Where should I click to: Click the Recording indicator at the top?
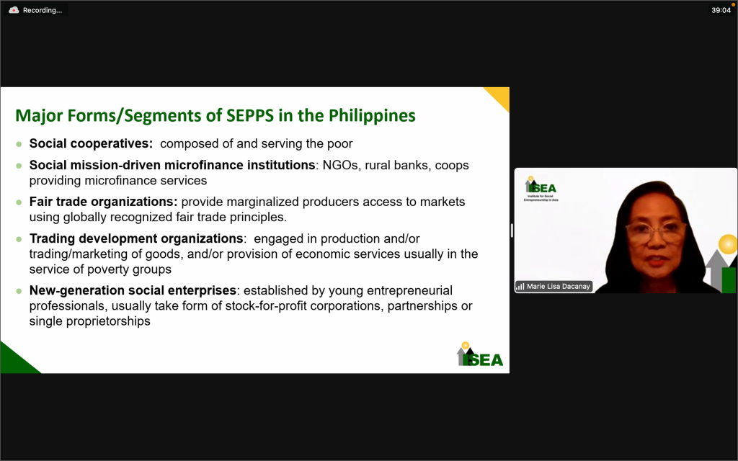tap(36, 10)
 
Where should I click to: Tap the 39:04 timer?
tap(721, 10)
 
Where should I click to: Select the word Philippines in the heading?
tap(372, 116)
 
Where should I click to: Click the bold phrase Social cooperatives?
tap(91, 143)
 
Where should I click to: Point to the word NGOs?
tap(340, 165)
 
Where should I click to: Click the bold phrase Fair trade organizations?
tap(104, 202)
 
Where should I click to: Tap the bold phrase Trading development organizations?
tap(136, 238)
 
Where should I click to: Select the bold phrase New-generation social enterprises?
tap(133, 290)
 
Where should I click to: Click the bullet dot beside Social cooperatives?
tap(19, 144)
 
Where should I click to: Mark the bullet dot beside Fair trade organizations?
tap(19, 202)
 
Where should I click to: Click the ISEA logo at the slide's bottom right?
tap(479, 354)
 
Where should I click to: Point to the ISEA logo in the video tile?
tap(541, 189)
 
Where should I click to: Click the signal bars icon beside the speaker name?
tap(520, 287)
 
